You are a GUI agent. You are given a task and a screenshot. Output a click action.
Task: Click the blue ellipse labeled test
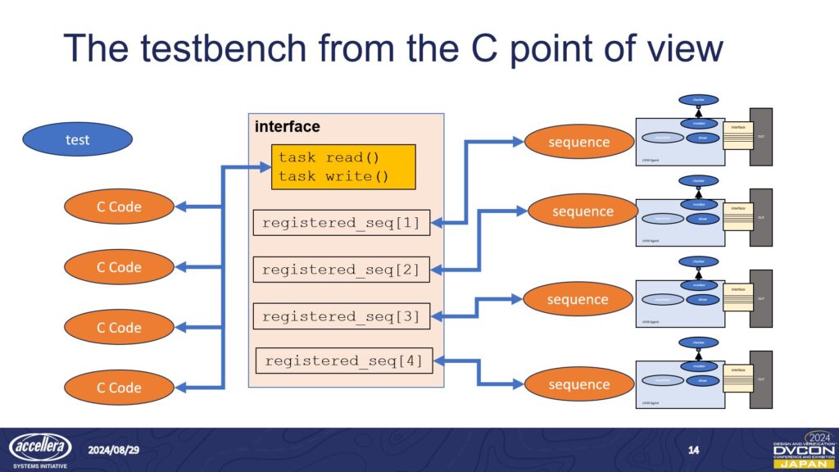pyautogui.click(x=78, y=139)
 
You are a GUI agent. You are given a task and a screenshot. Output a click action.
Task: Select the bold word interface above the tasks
pyautogui.click(x=287, y=127)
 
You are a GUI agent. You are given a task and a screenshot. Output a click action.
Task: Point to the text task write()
pyautogui.click(x=333, y=176)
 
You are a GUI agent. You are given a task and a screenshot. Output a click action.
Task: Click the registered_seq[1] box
pyautogui.click(x=341, y=222)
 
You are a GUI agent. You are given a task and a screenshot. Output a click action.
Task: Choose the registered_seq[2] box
pyautogui.click(x=341, y=270)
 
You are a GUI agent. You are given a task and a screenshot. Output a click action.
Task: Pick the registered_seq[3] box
pyautogui.click(x=341, y=316)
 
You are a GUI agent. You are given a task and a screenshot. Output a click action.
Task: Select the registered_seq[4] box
pyautogui.click(x=344, y=361)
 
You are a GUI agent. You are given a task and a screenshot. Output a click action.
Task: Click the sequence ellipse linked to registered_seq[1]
pyautogui.click(x=578, y=142)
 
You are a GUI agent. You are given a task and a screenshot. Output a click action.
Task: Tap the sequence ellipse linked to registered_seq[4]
pyautogui.click(x=578, y=384)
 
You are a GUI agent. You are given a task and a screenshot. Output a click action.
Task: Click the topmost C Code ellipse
pyautogui.click(x=119, y=206)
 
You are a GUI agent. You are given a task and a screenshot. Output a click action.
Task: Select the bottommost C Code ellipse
pyautogui.click(x=119, y=388)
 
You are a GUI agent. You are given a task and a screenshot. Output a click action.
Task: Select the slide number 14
pyautogui.click(x=693, y=450)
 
